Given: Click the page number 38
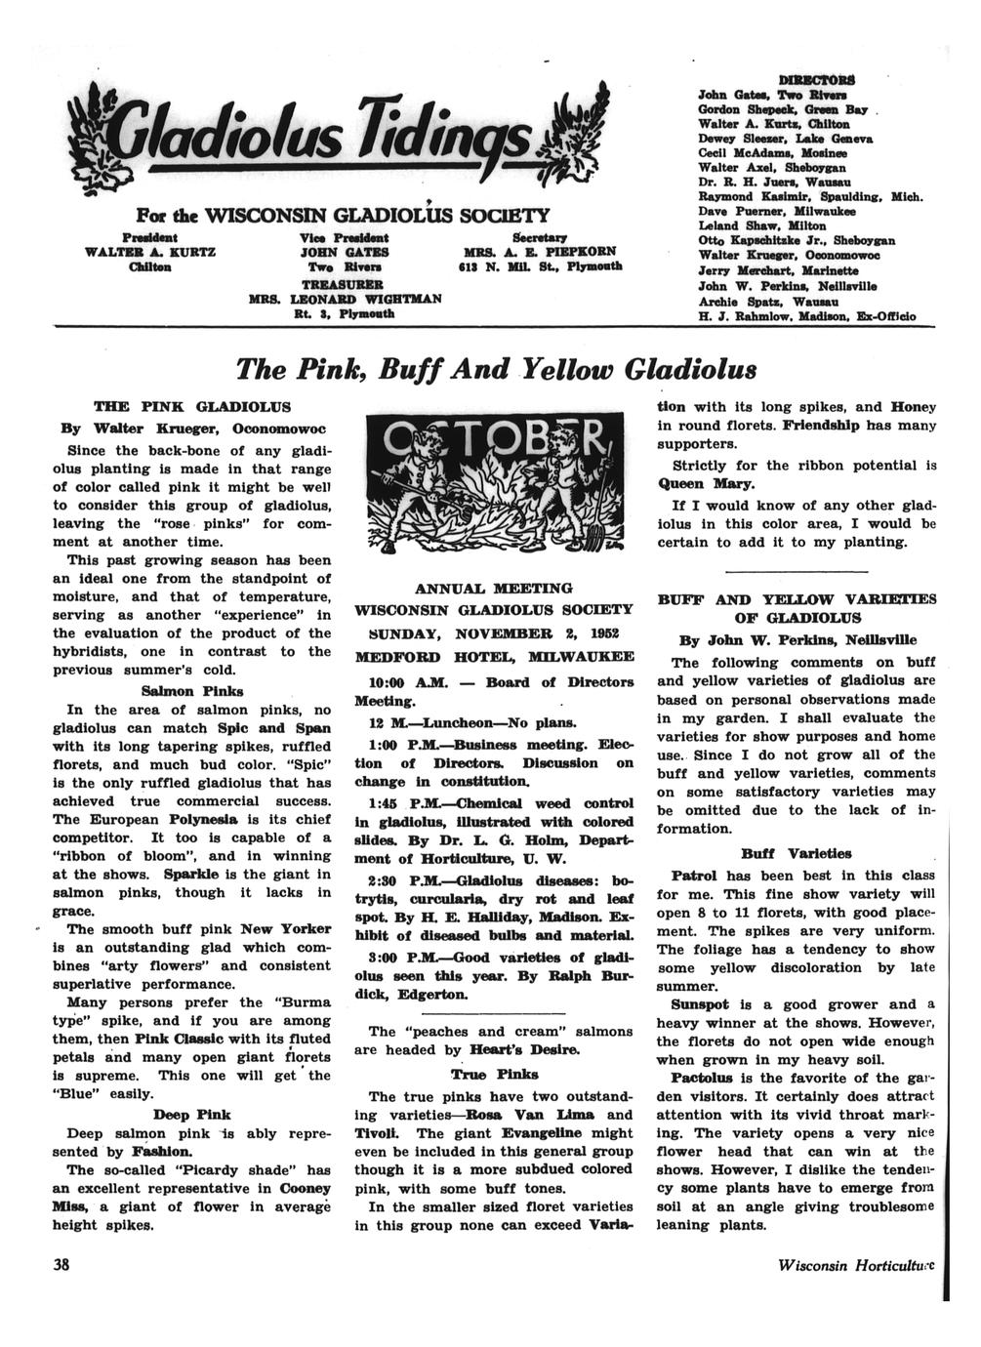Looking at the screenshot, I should pyautogui.click(x=61, y=1264).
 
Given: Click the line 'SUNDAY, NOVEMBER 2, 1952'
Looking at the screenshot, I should pyautogui.click(x=493, y=632).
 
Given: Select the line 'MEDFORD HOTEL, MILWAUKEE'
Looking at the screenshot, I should pyautogui.click(x=493, y=655).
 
